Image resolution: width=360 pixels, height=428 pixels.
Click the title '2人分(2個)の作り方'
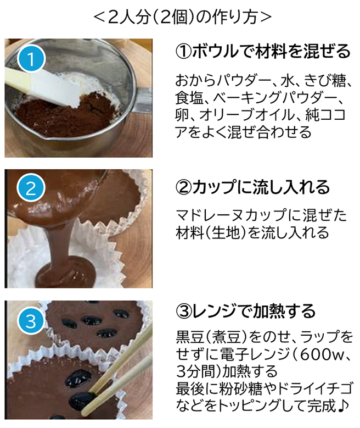183,16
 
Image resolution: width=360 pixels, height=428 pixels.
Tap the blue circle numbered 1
31,58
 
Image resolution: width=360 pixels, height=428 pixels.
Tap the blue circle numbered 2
31,188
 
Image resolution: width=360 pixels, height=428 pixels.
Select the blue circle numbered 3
31,320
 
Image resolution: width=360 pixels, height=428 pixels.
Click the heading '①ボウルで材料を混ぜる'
263,51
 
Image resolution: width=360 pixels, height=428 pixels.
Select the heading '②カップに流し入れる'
252,187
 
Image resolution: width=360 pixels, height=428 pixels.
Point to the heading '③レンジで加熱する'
245,311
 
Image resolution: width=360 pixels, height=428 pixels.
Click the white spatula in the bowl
46,86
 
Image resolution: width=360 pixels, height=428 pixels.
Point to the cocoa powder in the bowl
65,115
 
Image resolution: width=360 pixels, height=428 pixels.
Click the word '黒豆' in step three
190,337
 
